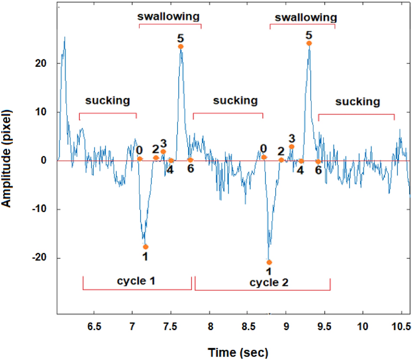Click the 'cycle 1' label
(136, 281)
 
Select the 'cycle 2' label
(269, 283)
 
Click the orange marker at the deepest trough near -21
(269, 262)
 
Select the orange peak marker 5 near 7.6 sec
(181, 46)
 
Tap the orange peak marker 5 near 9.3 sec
(309, 43)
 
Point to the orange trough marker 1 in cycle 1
(145, 247)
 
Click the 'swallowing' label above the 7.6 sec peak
(168, 16)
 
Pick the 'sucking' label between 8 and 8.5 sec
(235, 101)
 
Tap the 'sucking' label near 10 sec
(358, 102)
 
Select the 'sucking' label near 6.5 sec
(108, 101)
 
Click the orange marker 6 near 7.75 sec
(190, 160)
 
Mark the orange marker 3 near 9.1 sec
(291, 147)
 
